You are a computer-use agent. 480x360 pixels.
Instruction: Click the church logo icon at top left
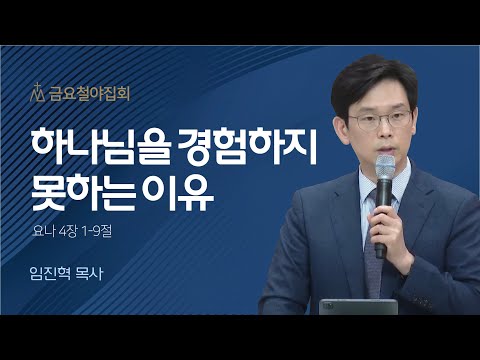[x=41, y=96]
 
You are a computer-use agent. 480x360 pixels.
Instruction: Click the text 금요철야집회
[x=89, y=97]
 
